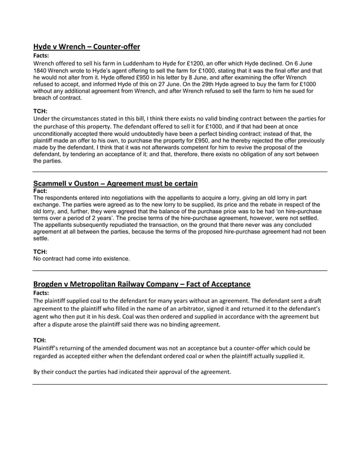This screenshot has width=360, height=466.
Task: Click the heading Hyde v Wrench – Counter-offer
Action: (x=86, y=47)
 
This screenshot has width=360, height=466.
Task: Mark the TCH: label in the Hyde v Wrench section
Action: (x=39, y=111)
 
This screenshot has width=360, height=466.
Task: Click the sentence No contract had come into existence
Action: (x=81, y=259)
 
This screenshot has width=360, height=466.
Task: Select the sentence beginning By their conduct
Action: (x=132, y=371)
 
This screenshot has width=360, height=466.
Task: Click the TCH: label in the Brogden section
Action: (x=39, y=340)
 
